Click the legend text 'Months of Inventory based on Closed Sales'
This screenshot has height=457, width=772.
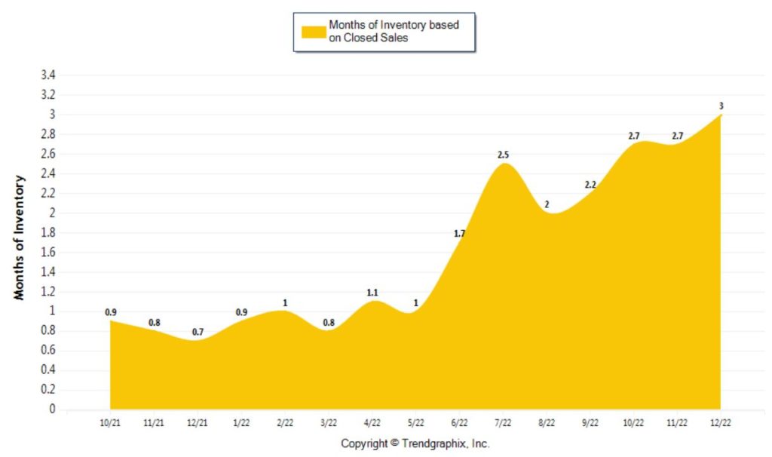click(393, 32)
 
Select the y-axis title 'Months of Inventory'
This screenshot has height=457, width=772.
click(20, 238)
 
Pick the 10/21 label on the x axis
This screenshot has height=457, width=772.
click(110, 424)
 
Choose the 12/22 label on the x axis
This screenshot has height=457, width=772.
click(721, 424)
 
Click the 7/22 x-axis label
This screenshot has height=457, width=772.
click(503, 424)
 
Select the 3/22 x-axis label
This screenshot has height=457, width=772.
click(329, 424)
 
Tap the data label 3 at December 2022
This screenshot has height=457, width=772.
click(721, 106)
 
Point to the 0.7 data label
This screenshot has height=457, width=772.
click(198, 332)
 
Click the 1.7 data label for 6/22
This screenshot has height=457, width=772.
click(459, 234)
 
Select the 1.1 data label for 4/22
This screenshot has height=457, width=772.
click(372, 293)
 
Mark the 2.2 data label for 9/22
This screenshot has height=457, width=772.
click(590, 185)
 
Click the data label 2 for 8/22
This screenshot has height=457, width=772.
click(547, 204)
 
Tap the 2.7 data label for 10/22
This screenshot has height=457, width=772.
click(634, 136)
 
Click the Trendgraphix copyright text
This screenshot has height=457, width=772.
click(415, 443)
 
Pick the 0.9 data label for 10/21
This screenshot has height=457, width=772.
click(110, 312)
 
